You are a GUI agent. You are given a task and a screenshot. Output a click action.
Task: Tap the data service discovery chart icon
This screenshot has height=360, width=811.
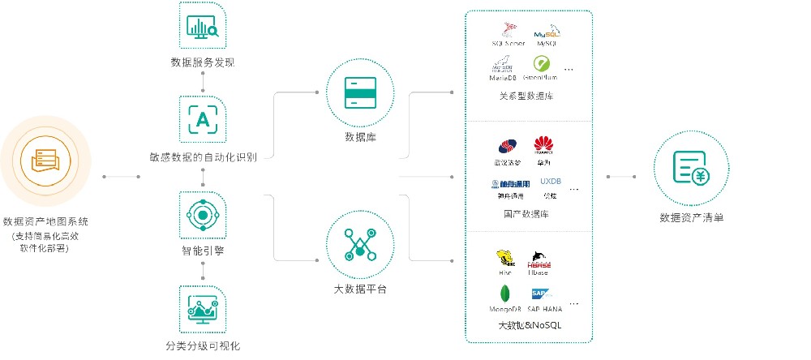coord(202,26)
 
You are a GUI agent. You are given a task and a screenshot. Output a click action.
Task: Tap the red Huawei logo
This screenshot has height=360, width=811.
coord(543,145)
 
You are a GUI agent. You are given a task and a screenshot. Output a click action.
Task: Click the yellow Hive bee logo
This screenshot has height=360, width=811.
coord(506,259)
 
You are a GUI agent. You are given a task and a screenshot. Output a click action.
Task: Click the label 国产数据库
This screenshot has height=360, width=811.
coord(526,215)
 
